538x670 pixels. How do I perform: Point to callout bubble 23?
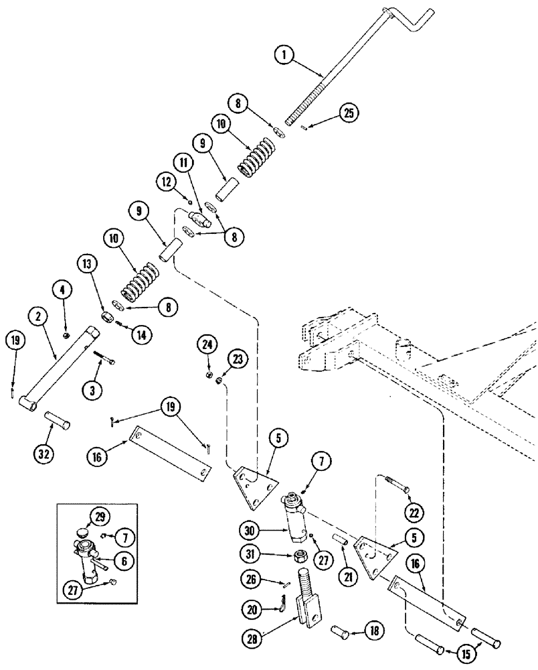tap(236, 358)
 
